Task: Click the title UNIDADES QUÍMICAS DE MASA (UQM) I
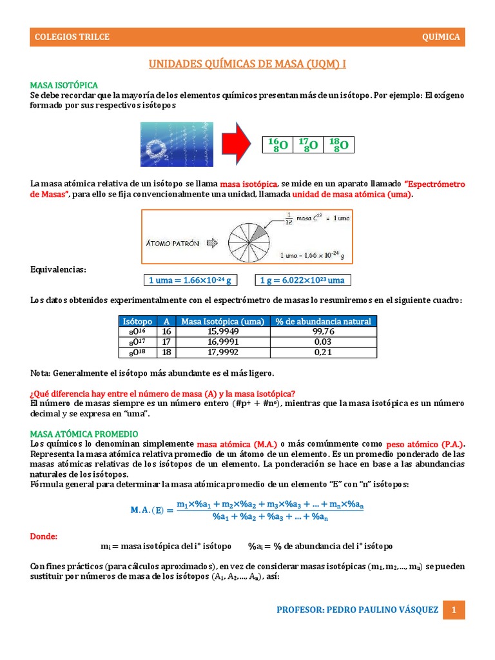pos(247,64)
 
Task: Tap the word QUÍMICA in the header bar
pos(441,37)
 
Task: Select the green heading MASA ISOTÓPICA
pos(64,85)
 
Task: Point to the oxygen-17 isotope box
pos(308,145)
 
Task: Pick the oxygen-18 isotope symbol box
pos(338,145)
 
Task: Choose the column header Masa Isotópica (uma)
pos(222,322)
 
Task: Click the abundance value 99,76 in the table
pos(322,332)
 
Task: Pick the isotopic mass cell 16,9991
pos(222,342)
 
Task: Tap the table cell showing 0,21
pos(322,353)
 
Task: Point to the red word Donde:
pos(44,536)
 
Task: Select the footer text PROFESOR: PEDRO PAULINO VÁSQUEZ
pos(357,610)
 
